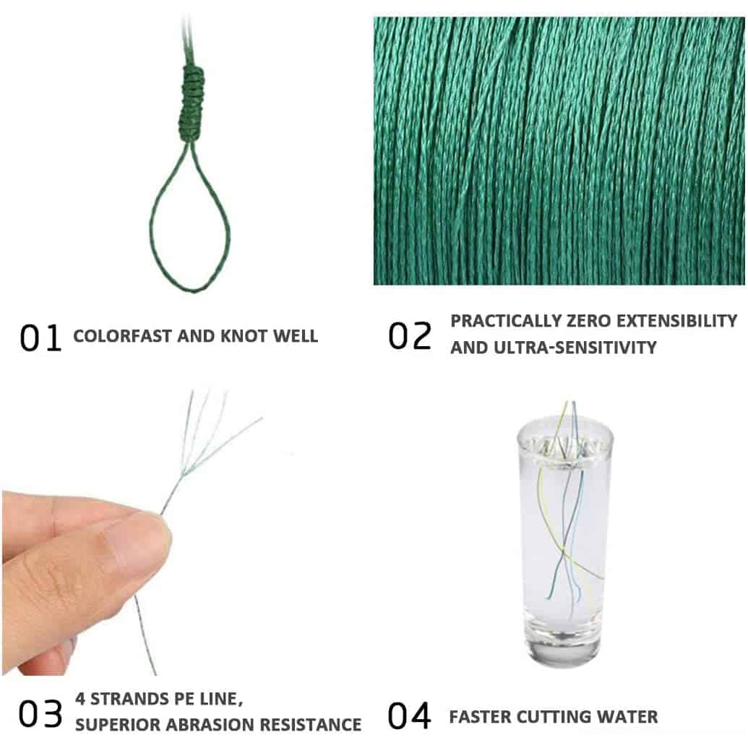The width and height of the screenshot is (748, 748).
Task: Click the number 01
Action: point(40,338)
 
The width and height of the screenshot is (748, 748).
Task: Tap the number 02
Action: point(410,336)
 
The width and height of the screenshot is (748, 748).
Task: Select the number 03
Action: point(40,714)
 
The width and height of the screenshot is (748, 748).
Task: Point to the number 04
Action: point(410,715)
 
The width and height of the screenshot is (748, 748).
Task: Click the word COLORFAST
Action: point(123,336)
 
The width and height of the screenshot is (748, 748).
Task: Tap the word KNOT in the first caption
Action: point(243,336)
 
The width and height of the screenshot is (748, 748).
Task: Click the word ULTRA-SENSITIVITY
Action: point(575,348)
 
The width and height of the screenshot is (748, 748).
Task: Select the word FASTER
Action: point(480,717)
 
